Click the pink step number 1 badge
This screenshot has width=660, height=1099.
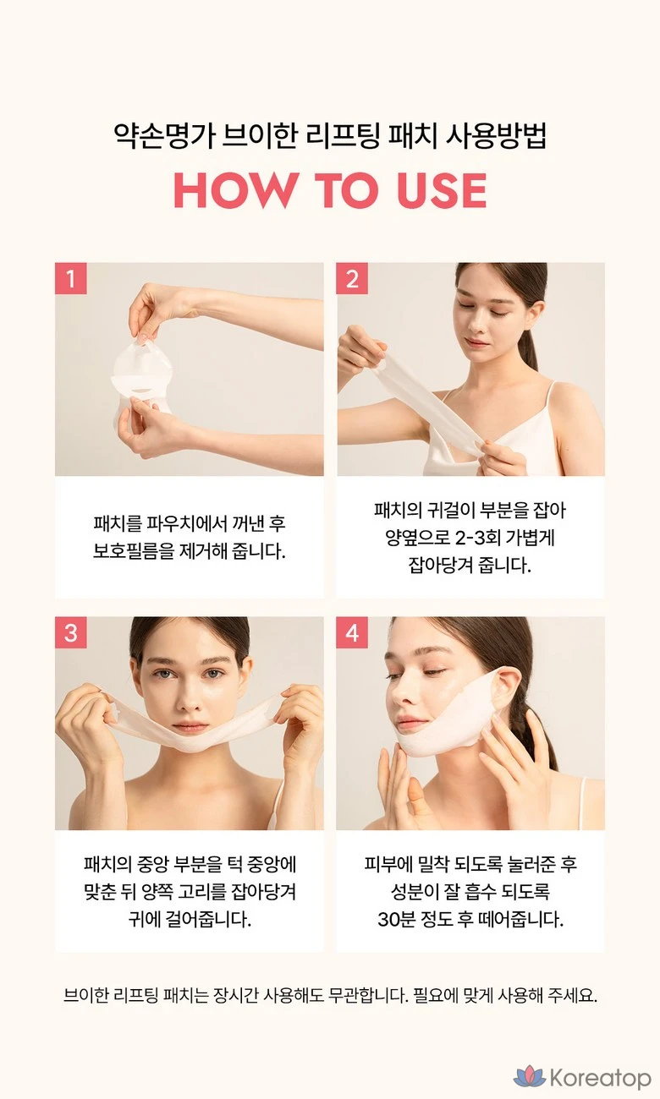pyautogui.click(x=71, y=279)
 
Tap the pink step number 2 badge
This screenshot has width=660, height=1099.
pyautogui.click(x=352, y=279)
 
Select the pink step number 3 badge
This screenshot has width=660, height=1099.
pyautogui.click(x=71, y=633)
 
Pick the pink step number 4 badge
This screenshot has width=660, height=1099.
pyautogui.click(x=352, y=633)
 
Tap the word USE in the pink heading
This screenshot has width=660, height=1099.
pyautogui.click(x=442, y=190)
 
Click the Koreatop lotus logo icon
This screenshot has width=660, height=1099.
pyautogui.click(x=530, y=1076)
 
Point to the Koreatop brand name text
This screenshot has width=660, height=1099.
pyautogui.click(x=600, y=1077)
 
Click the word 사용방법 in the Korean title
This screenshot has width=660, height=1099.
pyautogui.click(x=496, y=135)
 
